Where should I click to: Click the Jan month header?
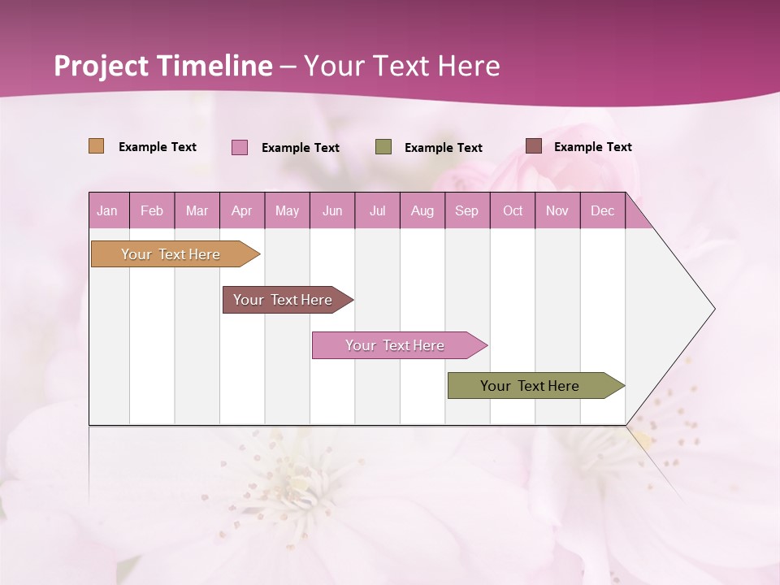pyautogui.click(x=108, y=210)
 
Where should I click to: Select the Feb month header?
pyautogui.click(x=152, y=210)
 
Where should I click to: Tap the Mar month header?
pyautogui.click(x=197, y=210)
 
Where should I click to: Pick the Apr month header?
pyautogui.click(x=242, y=210)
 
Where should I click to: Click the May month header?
pyautogui.click(x=287, y=210)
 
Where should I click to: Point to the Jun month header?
pyautogui.click(x=332, y=210)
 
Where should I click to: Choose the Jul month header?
pyautogui.click(x=377, y=210)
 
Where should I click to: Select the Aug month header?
pyautogui.click(x=422, y=210)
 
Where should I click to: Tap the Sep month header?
pyautogui.click(x=467, y=210)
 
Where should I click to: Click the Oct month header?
pyautogui.click(x=513, y=210)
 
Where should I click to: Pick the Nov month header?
pyautogui.click(x=557, y=210)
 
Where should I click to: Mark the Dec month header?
pyautogui.click(x=603, y=210)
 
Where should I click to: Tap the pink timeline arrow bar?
pyautogui.click(x=396, y=345)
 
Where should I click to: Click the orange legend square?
pyautogui.click(x=96, y=146)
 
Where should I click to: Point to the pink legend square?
pyautogui.click(x=240, y=147)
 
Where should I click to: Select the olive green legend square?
pyautogui.click(x=383, y=147)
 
